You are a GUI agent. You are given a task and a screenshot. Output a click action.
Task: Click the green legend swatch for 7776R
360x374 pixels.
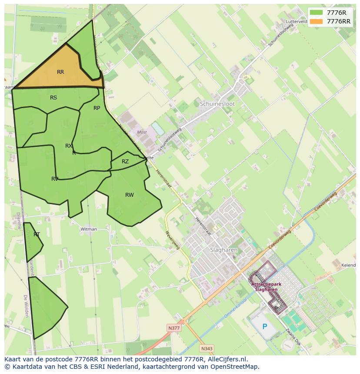[x=316, y=12]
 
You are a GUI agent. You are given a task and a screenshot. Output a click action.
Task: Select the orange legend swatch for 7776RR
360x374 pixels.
[x=316, y=21]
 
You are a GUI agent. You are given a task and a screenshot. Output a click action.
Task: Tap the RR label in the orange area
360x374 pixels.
[x=60, y=72]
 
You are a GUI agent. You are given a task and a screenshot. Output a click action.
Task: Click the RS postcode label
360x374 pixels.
[x=53, y=98]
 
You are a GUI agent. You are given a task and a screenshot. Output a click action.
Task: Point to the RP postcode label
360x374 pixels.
[x=97, y=108]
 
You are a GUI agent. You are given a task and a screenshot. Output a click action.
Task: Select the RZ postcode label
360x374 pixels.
[x=125, y=162]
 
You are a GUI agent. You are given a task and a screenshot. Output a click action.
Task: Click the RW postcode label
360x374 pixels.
[x=130, y=195]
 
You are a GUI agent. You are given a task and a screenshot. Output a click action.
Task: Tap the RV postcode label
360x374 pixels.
[x=55, y=179]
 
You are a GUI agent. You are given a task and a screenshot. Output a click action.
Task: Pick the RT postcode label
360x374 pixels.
[x=37, y=235]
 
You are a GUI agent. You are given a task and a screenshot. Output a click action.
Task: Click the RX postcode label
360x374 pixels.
[x=69, y=146]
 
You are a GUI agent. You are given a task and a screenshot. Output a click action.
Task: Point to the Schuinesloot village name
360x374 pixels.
[x=217, y=104]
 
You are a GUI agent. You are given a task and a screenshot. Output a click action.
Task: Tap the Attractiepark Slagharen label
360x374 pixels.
[x=266, y=287]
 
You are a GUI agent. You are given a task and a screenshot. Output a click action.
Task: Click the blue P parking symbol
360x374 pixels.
[x=264, y=326]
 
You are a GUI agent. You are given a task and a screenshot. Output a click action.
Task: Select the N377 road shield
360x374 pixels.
[x=173, y=328]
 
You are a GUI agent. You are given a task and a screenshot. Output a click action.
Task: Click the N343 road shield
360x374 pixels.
[x=207, y=348]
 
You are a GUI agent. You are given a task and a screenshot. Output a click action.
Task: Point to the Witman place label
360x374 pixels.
[x=89, y=229]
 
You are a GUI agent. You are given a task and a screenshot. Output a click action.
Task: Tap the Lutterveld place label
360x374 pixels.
[x=297, y=21]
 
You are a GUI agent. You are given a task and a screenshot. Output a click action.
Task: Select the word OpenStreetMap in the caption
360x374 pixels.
[x=235, y=367]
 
